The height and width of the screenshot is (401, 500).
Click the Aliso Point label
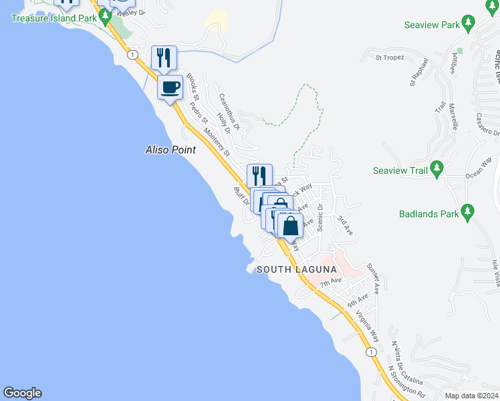point(170,150)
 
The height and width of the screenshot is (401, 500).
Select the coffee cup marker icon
point(170,87)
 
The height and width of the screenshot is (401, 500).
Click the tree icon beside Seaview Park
point(469,25)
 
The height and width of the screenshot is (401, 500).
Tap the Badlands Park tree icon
point(467,214)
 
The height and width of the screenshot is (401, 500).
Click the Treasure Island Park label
point(53,18)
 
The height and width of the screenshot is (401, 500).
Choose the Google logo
point(21,393)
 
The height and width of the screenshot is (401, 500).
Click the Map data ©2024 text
point(471,396)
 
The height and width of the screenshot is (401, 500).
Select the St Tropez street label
point(390,58)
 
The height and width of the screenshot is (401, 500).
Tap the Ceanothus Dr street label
point(229,111)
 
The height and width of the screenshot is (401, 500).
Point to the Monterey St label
point(217,142)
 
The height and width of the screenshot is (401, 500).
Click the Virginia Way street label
point(368,325)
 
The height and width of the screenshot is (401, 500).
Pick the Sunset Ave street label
point(373,279)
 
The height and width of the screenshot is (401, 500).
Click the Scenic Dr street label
point(320,217)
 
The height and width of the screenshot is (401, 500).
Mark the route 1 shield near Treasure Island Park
point(134,54)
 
